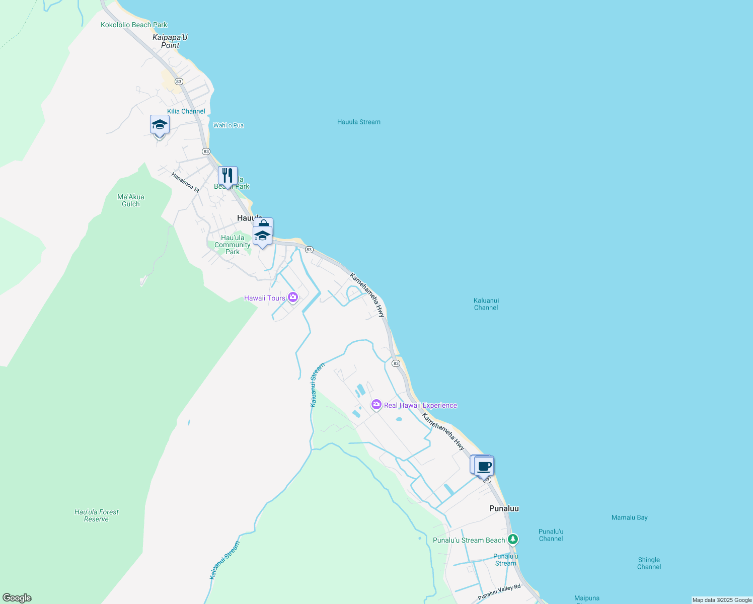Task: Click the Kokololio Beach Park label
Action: point(134,25)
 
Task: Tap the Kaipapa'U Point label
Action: point(170,41)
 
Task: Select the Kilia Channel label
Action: point(186,111)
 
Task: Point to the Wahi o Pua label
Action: point(229,125)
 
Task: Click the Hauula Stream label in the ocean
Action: point(359,122)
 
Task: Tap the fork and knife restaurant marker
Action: point(228,176)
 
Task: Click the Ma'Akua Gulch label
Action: point(131,200)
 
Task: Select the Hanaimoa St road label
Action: point(185,182)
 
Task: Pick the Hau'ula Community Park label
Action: point(232,245)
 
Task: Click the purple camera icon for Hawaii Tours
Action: point(293,298)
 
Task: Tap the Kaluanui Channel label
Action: point(486,304)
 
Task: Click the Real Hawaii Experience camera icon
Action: point(376,405)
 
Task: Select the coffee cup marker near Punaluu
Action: point(484,466)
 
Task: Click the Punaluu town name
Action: point(504,508)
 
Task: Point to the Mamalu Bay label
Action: point(629,517)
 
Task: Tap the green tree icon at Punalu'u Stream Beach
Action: point(512,540)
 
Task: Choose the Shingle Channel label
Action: point(649,563)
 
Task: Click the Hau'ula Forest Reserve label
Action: point(97,515)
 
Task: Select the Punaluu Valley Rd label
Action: point(499,592)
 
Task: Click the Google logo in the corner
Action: point(17,598)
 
